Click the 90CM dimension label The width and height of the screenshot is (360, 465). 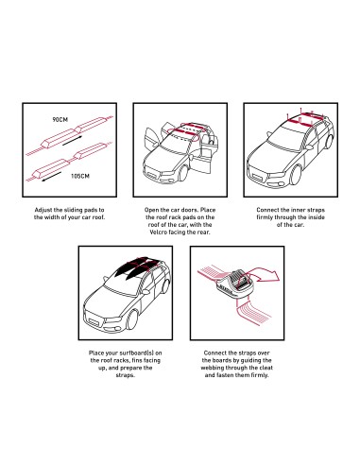point(60,119)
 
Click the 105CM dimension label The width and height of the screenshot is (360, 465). point(80,176)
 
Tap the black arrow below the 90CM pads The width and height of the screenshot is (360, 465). point(72,141)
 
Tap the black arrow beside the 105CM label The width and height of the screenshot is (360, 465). point(52,177)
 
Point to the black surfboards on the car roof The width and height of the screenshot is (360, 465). point(136,267)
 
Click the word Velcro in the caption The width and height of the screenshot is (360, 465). point(158,232)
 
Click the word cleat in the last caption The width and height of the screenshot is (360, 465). point(266,368)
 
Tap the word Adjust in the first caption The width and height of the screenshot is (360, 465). point(43,210)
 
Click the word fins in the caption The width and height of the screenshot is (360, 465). point(137,360)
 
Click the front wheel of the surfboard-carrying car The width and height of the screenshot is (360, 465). point(132,319)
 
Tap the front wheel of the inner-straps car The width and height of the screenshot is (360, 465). point(296,175)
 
